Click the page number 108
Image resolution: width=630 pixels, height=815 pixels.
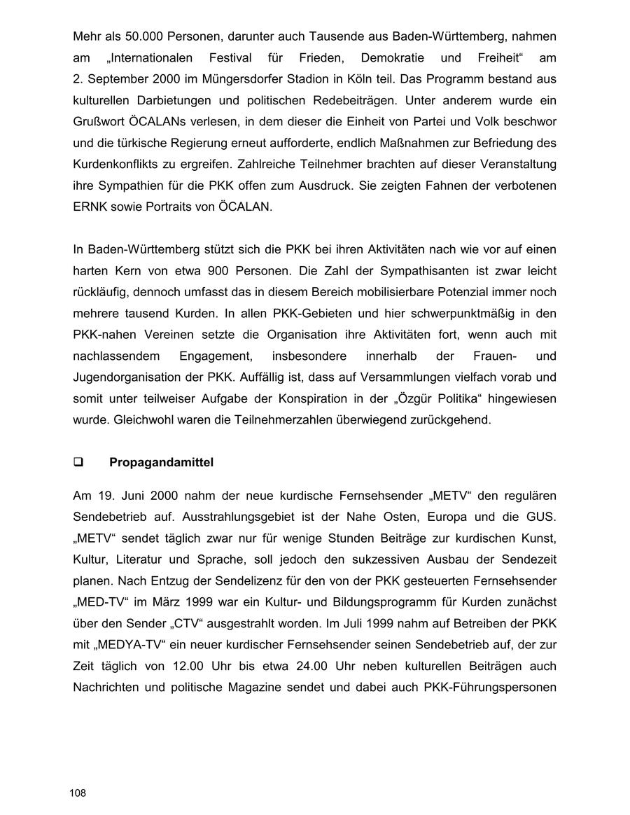coord(78,793)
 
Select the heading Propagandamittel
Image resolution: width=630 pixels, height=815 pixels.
coord(161,462)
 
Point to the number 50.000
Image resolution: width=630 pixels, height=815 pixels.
coord(145,36)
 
